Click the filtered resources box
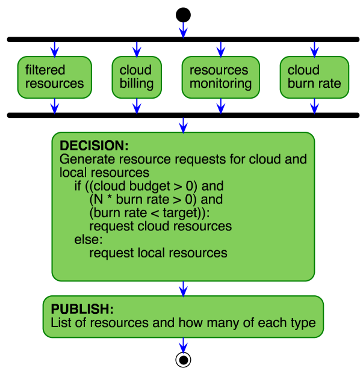click(x=55, y=77)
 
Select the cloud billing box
click(x=137, y=77)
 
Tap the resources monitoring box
click(x=221, y=77)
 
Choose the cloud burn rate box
click(x=314, y=77)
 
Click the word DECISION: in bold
click(x=94, y=146)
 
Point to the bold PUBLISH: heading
click(x=82, y=309)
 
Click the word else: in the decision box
click(x=89, y=239)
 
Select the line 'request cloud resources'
click(x=160, y=226)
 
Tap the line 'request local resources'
click(x=158, y=253)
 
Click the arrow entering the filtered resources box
click(x=55, y=49)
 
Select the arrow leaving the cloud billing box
click(x=137, y=106)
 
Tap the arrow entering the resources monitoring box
click(x=221, y=49)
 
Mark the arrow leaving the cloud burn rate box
click(x=314, y=106)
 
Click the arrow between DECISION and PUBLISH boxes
click(x=183, y=289)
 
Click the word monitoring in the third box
click(x=220, y=84)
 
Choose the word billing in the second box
click(x=137, y=84)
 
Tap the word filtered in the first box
click(x=45, y=70)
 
